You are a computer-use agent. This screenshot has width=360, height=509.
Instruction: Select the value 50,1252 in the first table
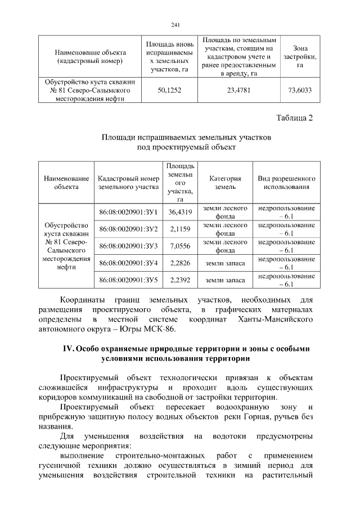click(169, 90)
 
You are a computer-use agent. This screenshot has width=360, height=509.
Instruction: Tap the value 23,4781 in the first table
click(239, 90)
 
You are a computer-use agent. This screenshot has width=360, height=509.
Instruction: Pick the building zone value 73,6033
click(300, 90)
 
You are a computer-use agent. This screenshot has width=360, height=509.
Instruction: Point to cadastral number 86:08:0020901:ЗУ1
click(128, 212)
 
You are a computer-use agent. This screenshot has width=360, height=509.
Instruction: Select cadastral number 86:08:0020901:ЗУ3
click(128, 246)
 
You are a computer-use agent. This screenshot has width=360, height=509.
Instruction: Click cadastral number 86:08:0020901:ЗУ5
click(128, 280)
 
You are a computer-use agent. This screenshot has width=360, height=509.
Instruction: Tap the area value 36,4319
click(181, 212)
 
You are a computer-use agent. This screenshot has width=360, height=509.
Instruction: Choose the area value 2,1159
click(181, 229)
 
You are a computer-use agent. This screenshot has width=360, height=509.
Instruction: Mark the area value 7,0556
click(181, 246)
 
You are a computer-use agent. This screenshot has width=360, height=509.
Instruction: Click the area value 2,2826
click(181, 263)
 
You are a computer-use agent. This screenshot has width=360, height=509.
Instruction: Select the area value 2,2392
click(181, 280)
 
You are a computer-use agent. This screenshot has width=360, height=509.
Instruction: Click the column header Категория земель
click(225, 182)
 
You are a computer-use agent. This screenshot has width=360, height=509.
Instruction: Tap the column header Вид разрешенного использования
click(286, 182)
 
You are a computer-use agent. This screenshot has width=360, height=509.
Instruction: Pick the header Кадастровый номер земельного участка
click(129, 182)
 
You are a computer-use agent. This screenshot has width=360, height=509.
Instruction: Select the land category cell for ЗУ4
click(225, 263)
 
